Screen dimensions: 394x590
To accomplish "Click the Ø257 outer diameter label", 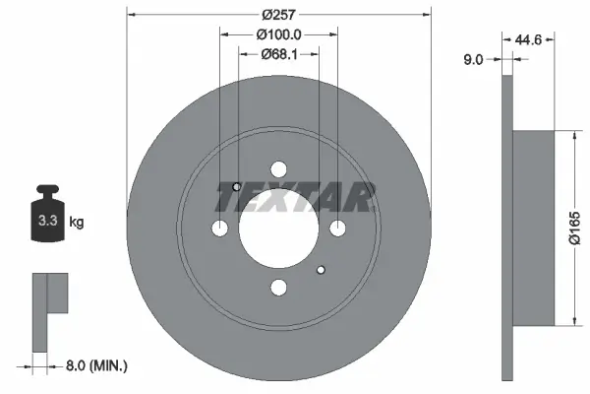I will [279, 16].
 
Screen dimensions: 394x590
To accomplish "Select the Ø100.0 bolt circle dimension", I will [278, 35].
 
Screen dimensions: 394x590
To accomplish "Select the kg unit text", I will [77, 223].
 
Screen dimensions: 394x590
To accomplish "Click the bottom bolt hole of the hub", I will [279, 287].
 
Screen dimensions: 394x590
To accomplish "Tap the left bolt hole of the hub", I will [220, 229].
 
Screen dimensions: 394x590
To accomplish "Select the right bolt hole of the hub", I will [338, 229].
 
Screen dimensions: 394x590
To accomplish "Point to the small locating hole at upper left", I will [236, 187].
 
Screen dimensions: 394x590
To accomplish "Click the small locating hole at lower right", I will [321, 269].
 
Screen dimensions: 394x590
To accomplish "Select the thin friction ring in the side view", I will [507, 227].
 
